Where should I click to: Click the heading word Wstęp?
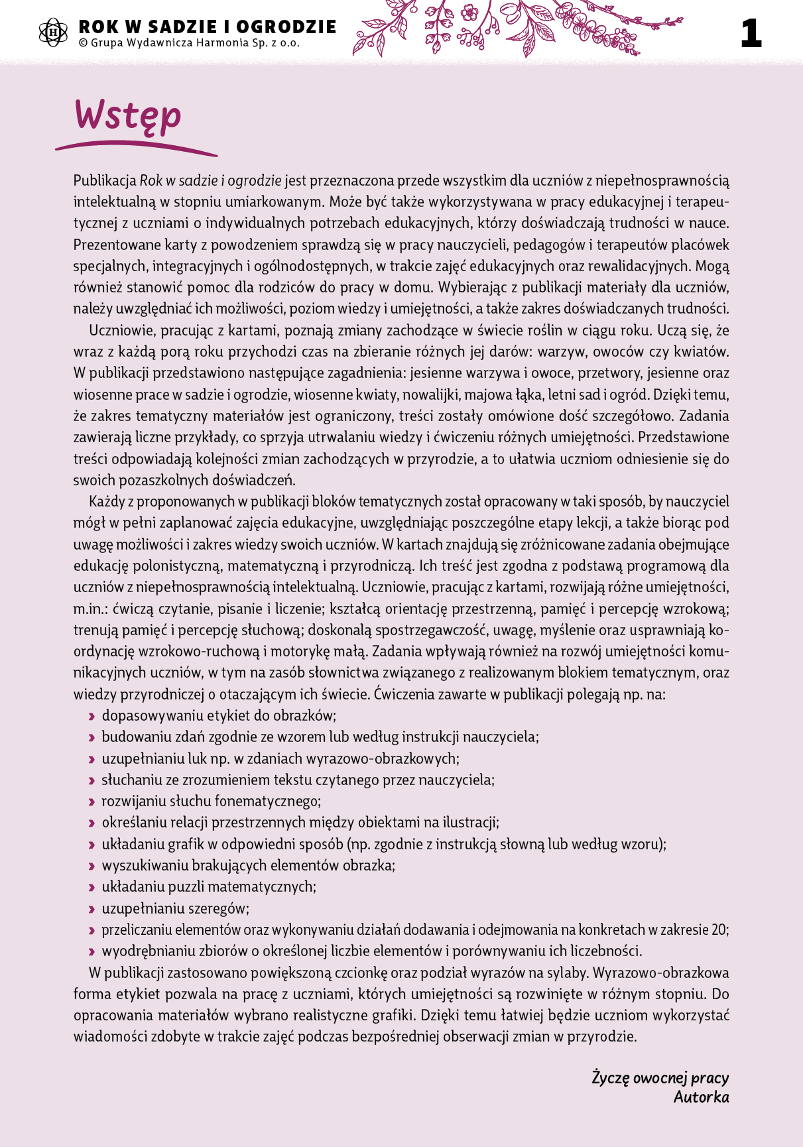tap(127, 115)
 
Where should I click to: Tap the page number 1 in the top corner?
tap(751, 34)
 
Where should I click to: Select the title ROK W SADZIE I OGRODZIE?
tap(208, 27)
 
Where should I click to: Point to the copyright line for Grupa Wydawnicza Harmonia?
tap(189, 44)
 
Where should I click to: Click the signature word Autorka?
tap(701, 1097)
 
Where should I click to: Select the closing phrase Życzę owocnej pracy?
tap(660, 1078)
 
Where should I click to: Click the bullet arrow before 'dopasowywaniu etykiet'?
tap(92, 716)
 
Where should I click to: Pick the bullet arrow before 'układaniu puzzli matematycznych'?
tap(92, 887)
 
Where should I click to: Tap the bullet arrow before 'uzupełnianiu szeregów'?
tap(92, 909)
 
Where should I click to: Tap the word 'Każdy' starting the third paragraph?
tap(107, 502)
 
